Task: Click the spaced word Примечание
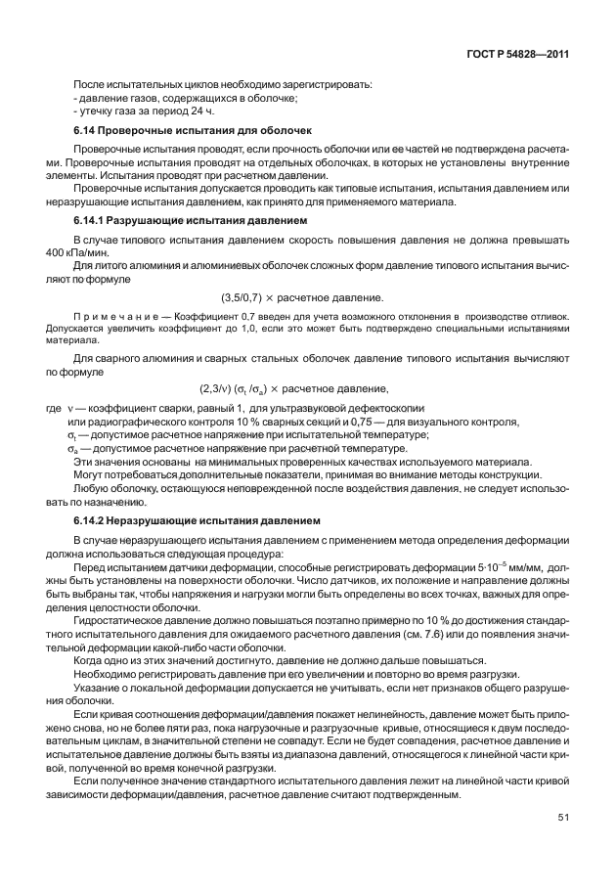(110, 319)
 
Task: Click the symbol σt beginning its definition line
(71, 434)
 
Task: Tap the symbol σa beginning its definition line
(71, 448)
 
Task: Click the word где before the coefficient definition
(54, 408)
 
